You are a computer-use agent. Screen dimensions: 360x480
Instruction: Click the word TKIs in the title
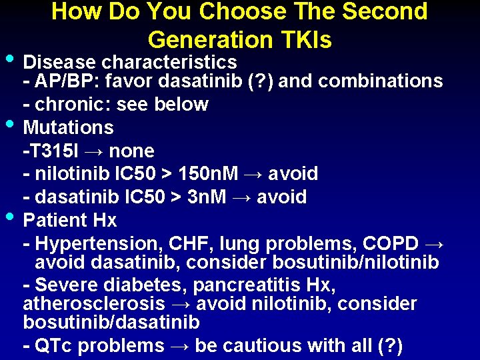point(305,39)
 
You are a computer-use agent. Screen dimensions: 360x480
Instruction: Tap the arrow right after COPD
point(435,243)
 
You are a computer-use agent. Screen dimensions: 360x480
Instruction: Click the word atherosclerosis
point(94,304)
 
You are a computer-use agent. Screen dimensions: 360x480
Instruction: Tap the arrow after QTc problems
point(179,346)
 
